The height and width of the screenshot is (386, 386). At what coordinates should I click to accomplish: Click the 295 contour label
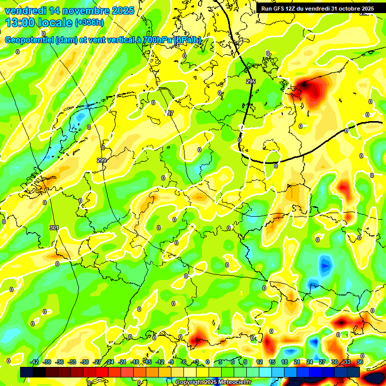point(250,81)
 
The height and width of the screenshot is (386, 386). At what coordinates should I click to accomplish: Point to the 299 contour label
point(102,160)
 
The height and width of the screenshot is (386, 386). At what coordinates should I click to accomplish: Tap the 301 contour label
point(54,228)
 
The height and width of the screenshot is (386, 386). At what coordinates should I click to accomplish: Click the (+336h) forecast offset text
point(89,23)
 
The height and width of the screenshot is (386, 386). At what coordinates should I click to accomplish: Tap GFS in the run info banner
point(279,9)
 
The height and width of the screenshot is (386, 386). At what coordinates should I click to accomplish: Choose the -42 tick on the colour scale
point(35,362)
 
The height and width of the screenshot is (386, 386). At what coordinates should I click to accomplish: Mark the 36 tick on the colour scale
point(360,362)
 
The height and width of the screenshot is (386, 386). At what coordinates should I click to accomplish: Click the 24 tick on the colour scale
point(309,362)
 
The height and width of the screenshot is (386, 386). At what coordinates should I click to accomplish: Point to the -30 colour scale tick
point(85,362)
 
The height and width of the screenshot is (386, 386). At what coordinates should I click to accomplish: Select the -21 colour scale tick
point(122,362)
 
